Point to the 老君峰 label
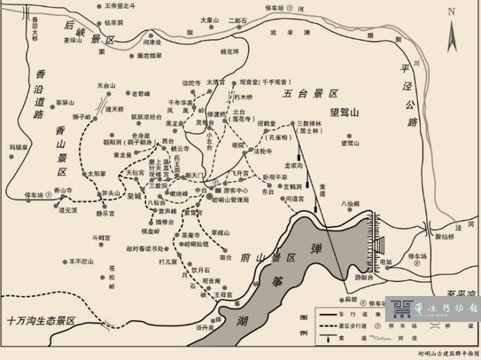click(x=142, y=94)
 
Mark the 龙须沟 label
click(x=293, y=165)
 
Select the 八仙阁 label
click(x=352, y=203)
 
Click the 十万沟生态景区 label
click(x=42, y=320)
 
